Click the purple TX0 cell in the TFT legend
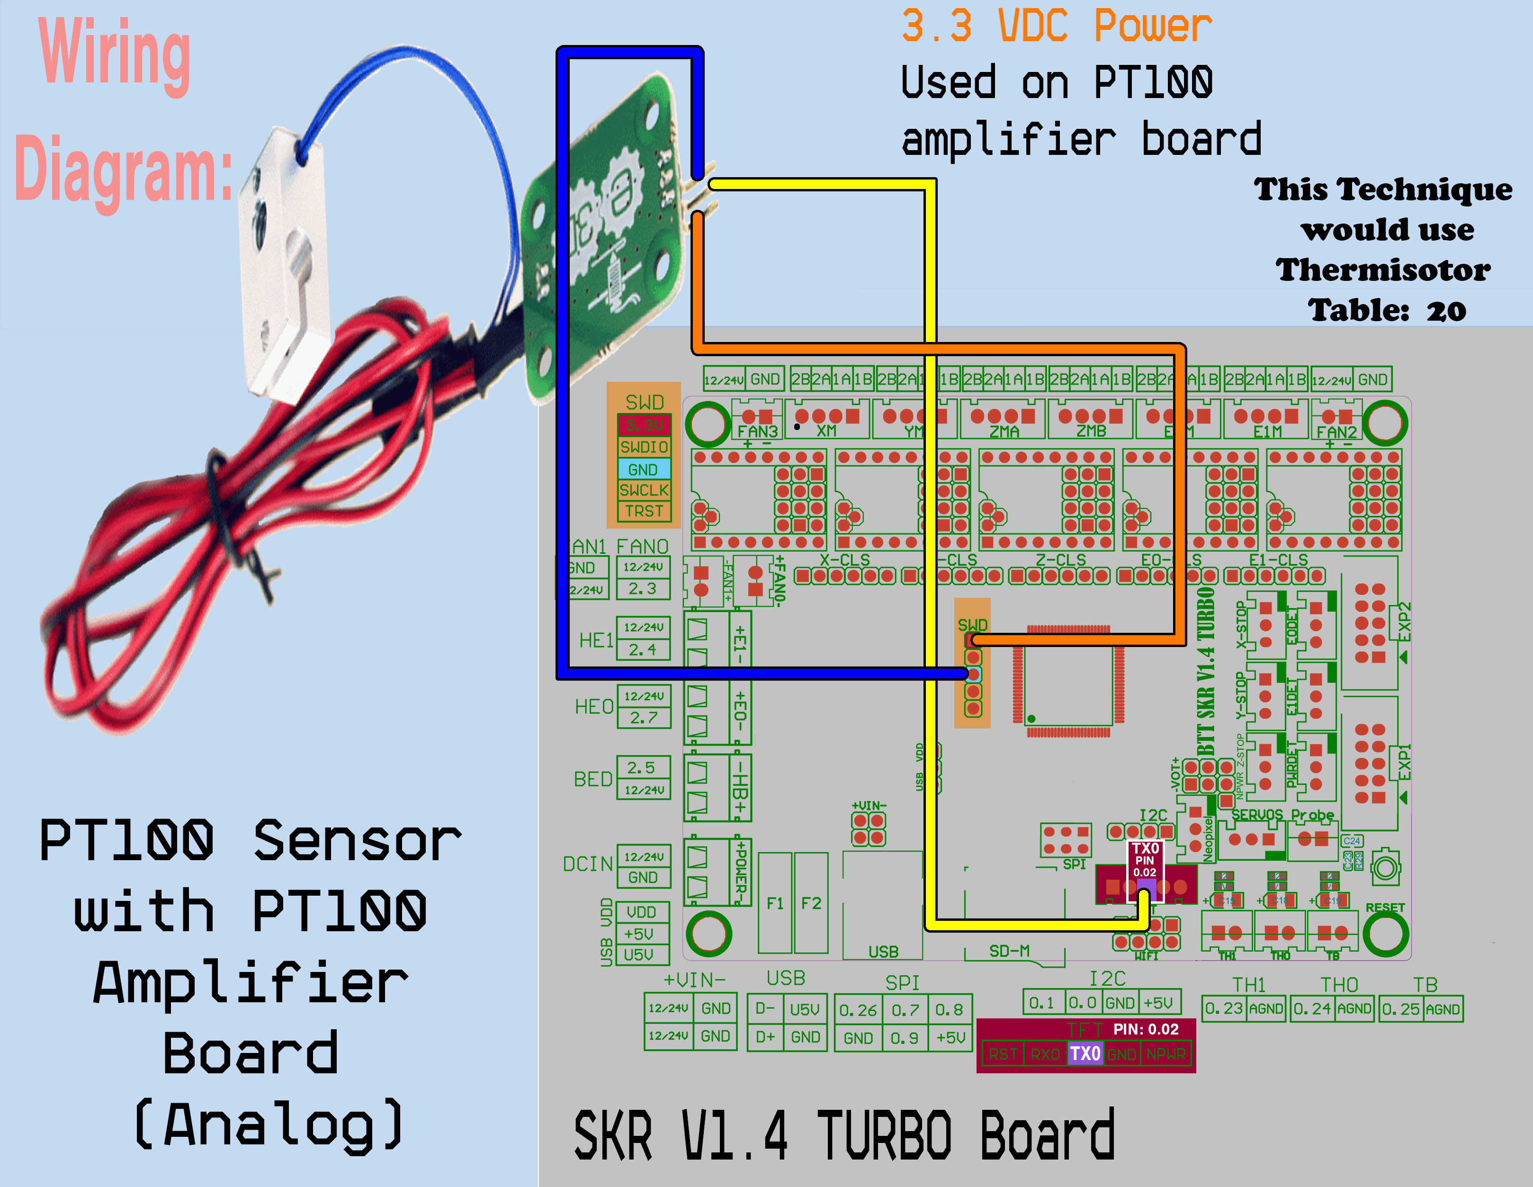[1085, 1053]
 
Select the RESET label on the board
[1384, 908]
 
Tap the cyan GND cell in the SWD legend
[644, 469]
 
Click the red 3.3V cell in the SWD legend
[644, 425]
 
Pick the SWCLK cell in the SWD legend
[644, 490]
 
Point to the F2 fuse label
[811, 903]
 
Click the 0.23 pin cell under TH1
[1223, 1009]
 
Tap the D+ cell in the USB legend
[765, 1037]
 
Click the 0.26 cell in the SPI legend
[858, 1010]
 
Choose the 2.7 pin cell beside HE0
[644, 718]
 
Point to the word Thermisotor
[1383, 270]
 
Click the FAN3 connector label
[757, 431]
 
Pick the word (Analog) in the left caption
[269, 1124]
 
